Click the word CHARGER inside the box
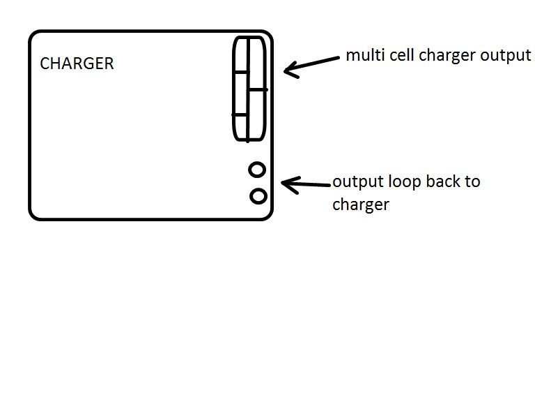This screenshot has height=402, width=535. [77, 64]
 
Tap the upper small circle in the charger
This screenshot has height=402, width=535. [257, 170]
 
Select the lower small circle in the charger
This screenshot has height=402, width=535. [258, 196]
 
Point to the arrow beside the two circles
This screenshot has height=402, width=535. [306, 184]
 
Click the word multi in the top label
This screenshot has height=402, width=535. [362, 55]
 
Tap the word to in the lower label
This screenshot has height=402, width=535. [472, 182]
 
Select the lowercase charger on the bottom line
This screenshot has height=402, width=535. [360, 205]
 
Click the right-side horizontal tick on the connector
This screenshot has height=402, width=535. [257, 89]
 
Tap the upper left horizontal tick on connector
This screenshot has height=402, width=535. [241, 71]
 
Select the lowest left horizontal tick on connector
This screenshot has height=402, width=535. [240, 114]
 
